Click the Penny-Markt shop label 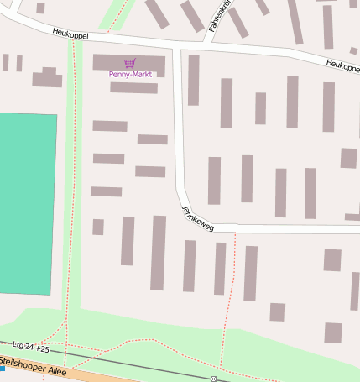[x=130, y=75]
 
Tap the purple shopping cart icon [x=129, y=63]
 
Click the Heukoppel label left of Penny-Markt [x=70, y=34]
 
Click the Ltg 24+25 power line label [x=31, y=346]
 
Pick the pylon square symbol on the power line [x=214, y=379]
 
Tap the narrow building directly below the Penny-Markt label [x=133, y=87]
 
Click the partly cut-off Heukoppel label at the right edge [x=342, y=64]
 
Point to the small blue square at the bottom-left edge [x=3, y=368]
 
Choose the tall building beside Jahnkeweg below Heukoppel [x=193, y=80]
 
